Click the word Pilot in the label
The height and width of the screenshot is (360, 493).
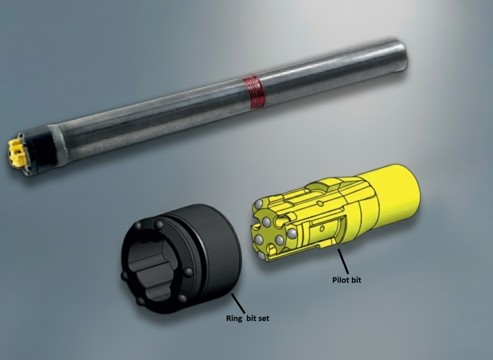pos(340,280)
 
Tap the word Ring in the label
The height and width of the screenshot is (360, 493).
pos(234,318)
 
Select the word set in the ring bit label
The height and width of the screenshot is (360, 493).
pos(264,318)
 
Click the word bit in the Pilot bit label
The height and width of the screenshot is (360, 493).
pos(356,280)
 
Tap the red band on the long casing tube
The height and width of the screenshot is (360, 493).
pos(253,92)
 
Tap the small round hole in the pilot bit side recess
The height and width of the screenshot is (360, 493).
pos(322,228)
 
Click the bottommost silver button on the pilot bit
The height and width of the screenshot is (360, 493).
pos(262,255)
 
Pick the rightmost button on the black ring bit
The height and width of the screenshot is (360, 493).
pos(189,272)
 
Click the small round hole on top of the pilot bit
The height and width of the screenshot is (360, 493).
pos(320,204)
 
